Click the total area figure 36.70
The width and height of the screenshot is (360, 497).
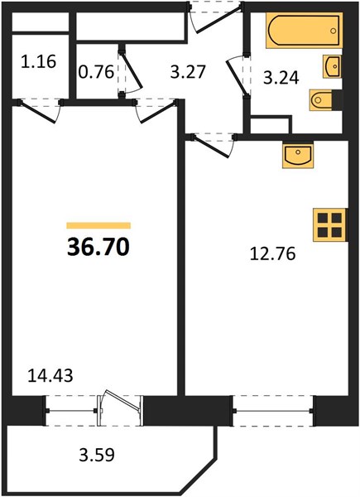click(x=98, y=247)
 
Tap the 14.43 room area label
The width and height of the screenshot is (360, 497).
click(x=50, y=375)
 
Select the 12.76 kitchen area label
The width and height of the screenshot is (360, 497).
click(x=272, y=254)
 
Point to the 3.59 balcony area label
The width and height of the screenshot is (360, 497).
click(x=97, y=455)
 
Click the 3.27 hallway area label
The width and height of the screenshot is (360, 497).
click(x=188, y=71)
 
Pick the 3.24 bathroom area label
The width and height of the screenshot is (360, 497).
click(x=281, y=78)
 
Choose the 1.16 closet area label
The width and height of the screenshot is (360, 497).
click(x=39, y=61)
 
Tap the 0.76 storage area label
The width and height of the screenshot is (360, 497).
click(x=96, y=72)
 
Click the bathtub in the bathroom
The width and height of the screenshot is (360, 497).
click(x=305, y=31)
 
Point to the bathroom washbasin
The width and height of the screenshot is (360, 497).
click(x=332, y=66)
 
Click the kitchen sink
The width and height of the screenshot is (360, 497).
click(x=298, y=156)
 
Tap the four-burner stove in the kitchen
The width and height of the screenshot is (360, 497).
click(x=329, y=225)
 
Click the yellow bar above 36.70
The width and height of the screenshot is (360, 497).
click(x=98, y=225)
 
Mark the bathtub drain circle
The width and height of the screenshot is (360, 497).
click(x=333, y=31)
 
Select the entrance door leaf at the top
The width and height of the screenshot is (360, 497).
click(x=219, y=18)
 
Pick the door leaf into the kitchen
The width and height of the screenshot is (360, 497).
click(x=211, y=146)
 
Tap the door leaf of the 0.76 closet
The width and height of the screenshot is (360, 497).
click(x=132, y=70)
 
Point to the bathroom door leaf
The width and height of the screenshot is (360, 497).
click(x=238, y=78)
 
